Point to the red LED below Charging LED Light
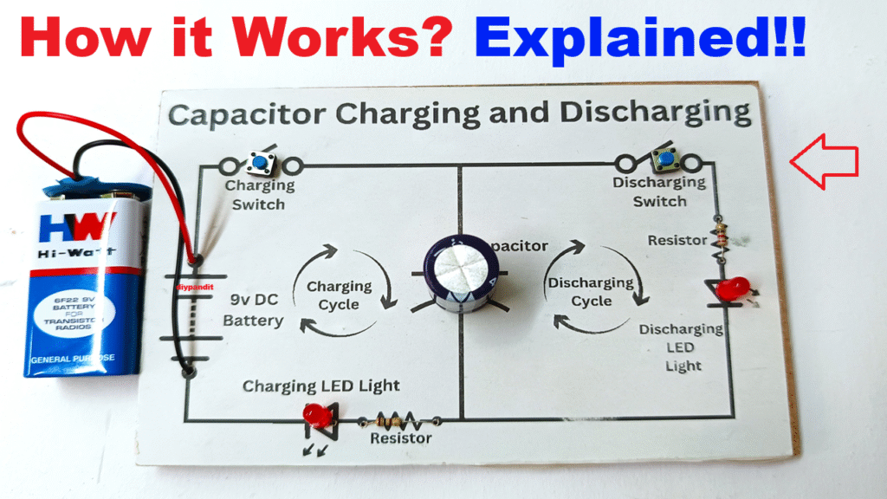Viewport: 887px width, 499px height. (x=317, y=416)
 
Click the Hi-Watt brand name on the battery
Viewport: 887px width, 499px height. (x=76, y=255)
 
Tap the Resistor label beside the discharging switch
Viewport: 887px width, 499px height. (x=677, y=240)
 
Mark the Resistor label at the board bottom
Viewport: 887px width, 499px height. (x=401, y=438)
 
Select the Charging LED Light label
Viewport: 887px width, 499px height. (x=321, y=386)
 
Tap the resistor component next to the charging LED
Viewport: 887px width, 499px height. (x=392, y=421)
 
